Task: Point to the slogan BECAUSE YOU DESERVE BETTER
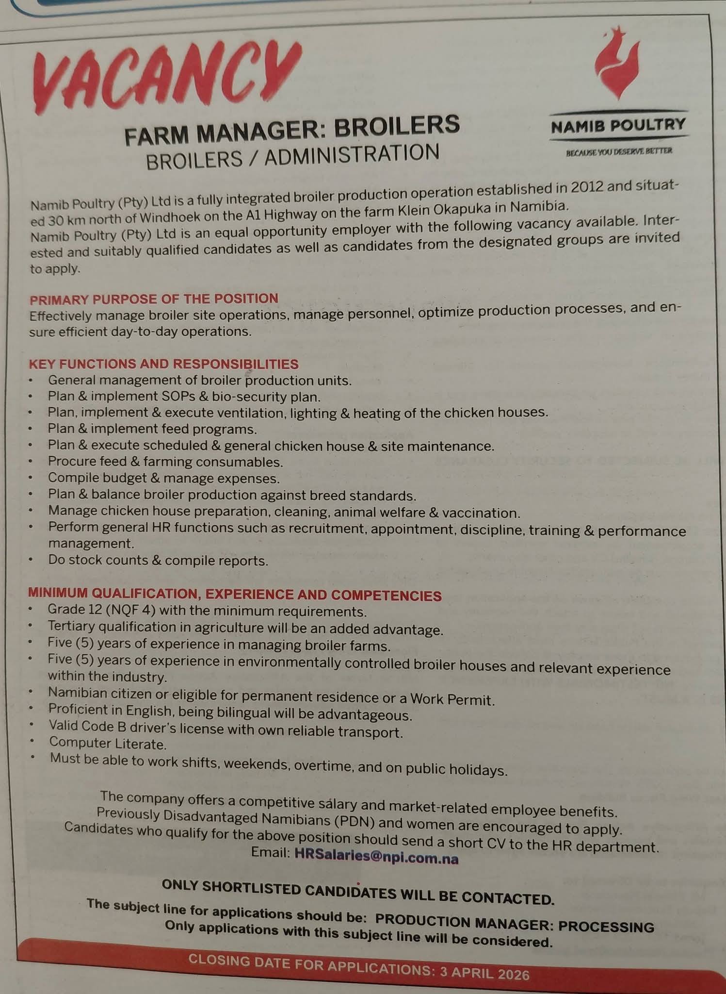point(619,151)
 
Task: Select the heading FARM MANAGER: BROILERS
point(292,129)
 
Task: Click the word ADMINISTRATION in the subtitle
point(352,155)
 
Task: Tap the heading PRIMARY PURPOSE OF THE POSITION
point(154,298)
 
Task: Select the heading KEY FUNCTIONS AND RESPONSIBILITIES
point(163,364)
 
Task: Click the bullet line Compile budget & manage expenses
point(163,478)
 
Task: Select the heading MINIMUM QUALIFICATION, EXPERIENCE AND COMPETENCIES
point(235,594)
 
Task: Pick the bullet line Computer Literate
point(108,743)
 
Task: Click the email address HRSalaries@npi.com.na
point(376,858)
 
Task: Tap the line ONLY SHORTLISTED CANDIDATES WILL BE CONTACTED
point(357,891)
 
